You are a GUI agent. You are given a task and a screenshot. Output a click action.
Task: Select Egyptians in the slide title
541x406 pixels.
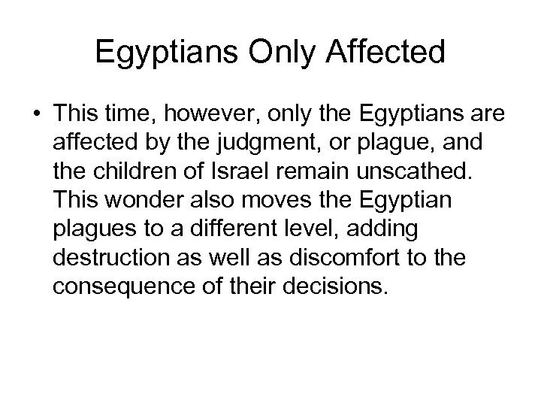(154, 53)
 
